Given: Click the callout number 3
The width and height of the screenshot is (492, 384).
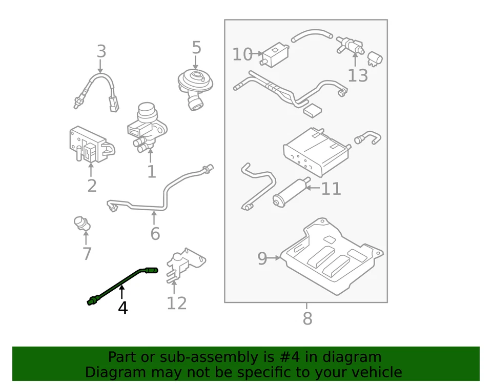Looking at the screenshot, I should pyautogui.click(x=101, y=52).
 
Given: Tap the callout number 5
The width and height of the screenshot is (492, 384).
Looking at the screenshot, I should pyautogui.click(x=196, y=48).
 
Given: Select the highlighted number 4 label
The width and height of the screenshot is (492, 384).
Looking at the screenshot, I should pyautogui.click(x=122, y=308).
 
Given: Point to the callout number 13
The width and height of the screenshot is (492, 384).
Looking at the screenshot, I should pyautogui.click(x=358, y=76).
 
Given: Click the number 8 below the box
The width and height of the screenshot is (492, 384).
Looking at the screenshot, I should pyautogui.click(x=307, y=319).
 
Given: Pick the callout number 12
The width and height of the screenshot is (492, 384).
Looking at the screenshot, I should pyautogui.click(x=177, y=304).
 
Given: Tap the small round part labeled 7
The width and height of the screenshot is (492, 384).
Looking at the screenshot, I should pyautogui.click(x=81, y=224).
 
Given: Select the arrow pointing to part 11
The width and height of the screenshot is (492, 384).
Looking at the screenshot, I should pyautogui.click(x=312, y=188).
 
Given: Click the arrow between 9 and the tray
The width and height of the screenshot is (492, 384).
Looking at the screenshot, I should pyautogui.click(x=275, y=258).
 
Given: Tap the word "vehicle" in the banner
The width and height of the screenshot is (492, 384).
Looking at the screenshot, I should pyautogui.click(x=372, y=372).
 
